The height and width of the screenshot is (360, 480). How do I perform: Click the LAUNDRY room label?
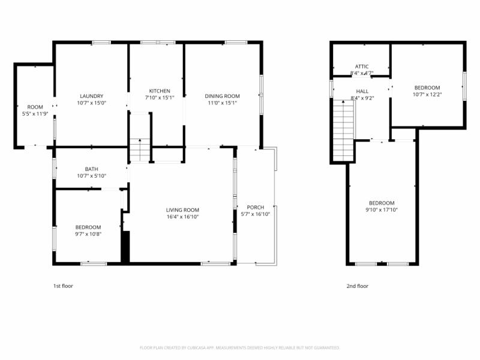(x=92, y=96)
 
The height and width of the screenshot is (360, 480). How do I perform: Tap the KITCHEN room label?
(x=160, y=91)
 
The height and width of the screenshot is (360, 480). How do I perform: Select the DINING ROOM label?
(x=222, y=96)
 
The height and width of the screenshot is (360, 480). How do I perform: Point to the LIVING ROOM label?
(x=182, y=210)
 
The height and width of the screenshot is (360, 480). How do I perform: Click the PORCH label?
(x=256, y=208)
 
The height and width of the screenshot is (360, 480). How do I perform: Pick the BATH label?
(x=92, y=169)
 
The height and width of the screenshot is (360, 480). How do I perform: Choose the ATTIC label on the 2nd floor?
(x=362, y=67)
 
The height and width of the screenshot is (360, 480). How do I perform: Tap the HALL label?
(x=362, y=91)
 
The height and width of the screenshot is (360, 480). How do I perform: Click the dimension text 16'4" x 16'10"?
(x=182, y=217)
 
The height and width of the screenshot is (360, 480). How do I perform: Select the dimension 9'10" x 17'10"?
(x=382, y=210)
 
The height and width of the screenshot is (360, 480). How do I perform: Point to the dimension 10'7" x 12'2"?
(x=427, y=94)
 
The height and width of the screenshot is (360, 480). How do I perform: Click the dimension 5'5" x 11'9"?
(x=35, y=113)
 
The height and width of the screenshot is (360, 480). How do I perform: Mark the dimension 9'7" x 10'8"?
(x=88, y=234)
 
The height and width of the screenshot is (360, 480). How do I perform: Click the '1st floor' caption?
(x=63, y=286)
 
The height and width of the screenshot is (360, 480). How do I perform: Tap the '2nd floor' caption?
(x=358, y=286)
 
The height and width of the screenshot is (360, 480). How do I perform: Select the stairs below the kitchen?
(x=139, y=151)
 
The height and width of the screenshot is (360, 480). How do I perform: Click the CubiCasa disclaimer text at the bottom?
(x=240, y=347)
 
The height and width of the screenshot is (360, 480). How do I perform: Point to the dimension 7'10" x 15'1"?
(x=160, y=98)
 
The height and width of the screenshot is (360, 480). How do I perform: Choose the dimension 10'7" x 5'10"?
(x=92, y=176)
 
